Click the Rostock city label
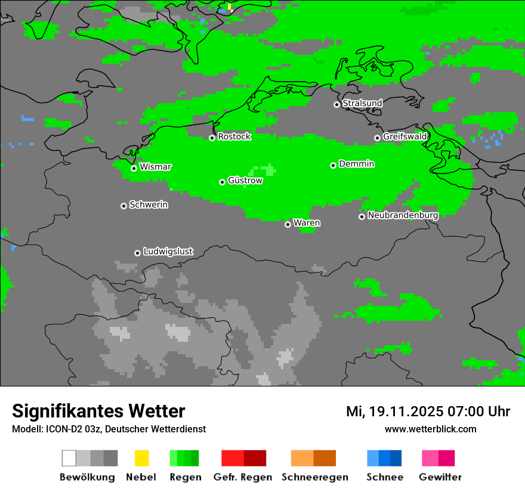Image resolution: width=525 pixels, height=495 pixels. coord(234,137)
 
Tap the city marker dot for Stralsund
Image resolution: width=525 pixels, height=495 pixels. coord(336,104)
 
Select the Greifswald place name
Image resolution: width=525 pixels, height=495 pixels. coord(404,137)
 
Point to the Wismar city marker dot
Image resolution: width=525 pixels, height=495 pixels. coord(134,168)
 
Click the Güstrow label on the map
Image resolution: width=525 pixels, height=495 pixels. coord(245,180)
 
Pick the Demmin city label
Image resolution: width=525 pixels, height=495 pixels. coord(356,164)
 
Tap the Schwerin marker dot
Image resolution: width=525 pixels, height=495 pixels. coord(123,206)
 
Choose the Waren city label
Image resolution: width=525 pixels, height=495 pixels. coord(307,223)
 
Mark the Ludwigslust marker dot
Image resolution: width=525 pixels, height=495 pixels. coord(137,253)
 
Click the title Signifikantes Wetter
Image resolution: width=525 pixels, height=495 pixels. coord(98,411)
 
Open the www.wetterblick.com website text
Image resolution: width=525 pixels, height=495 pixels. coord(430,429)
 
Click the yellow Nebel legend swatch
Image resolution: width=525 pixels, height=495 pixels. coord(141,458)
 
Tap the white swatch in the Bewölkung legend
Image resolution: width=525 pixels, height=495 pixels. coord(69,458)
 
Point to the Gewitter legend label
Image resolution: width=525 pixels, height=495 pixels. coord(440,477)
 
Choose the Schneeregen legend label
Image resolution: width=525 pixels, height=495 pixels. coord(314,477)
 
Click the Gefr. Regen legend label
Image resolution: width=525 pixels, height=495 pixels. coord(242,477)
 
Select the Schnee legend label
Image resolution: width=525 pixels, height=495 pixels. coord(384,477)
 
